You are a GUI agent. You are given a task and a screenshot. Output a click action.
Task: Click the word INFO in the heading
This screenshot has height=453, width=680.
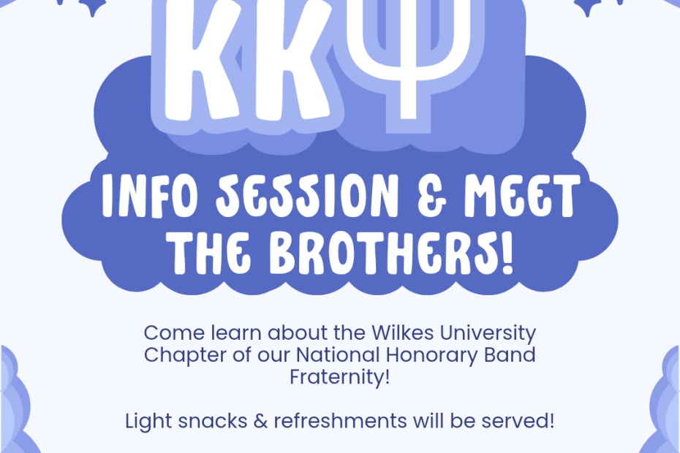(150, 196)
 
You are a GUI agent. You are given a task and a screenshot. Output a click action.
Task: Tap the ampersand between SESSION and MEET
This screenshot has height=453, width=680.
(432, 197)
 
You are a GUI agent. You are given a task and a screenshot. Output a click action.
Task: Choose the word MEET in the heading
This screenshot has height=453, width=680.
(523, 196)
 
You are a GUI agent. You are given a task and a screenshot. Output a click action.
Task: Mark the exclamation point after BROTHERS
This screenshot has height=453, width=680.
(507, 253)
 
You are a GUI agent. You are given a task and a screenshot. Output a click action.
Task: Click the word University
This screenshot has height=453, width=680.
(488, 334)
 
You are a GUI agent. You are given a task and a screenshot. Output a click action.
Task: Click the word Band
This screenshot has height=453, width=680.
(510, 354)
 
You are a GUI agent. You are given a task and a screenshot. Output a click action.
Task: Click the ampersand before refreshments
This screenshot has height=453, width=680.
(260, 421)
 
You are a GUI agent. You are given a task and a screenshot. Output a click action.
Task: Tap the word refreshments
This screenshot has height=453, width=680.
(341, 421)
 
